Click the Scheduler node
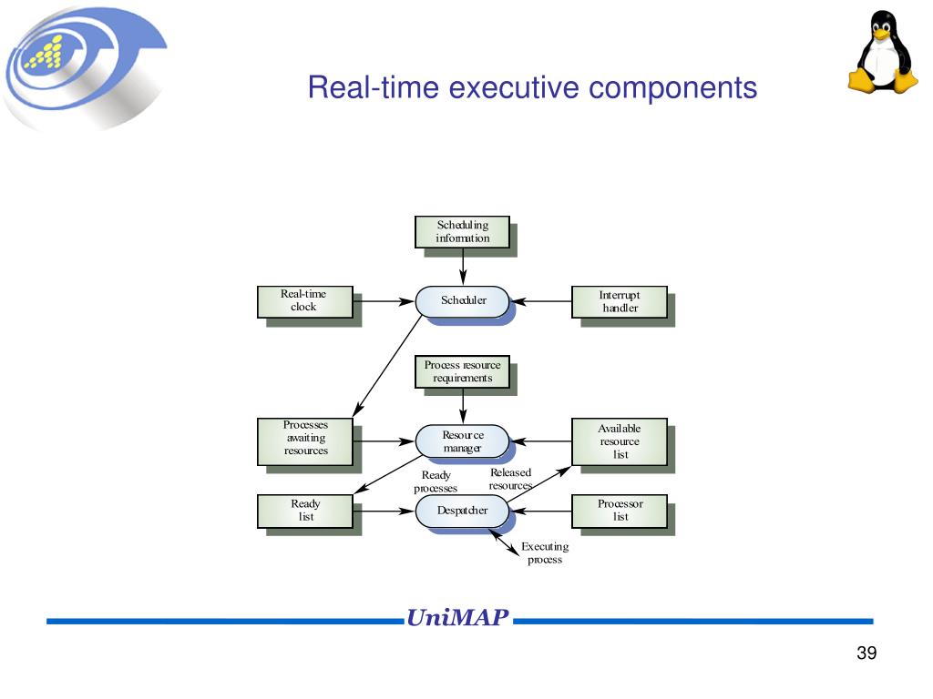pos(463,300)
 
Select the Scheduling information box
pos(462,232)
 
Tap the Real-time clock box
pos(303,301)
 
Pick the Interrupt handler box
pos(620,302)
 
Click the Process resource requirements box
pos(462,371)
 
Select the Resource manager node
pos(463,441)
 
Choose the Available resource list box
pos(620,441)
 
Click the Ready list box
pos(305,511)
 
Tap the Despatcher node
pos(463,511)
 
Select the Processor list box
pos(620,511)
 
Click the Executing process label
pos(545,553)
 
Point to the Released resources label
pos(510,479)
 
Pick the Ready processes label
pos(436,481)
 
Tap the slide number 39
pos(866,653)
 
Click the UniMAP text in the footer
pos(457,619)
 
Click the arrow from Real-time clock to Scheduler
pos(384,300)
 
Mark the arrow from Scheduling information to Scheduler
pos(463,267)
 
